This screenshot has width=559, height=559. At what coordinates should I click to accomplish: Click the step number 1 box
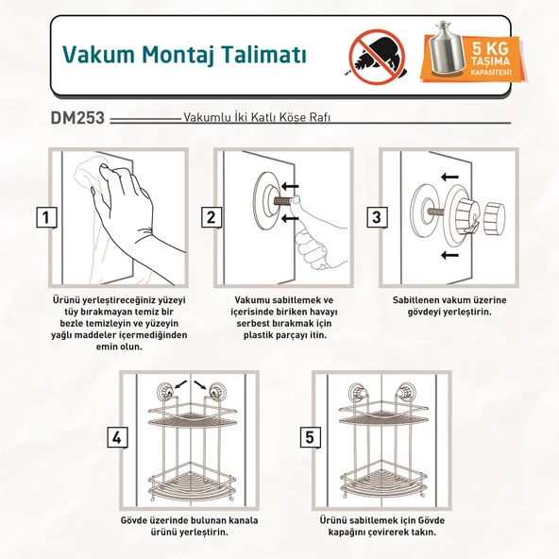click(x=45, y=218)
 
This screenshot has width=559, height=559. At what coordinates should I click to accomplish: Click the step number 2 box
click(x=212, y=218)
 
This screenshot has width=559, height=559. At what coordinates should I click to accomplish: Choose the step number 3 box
click(x=377, y=218)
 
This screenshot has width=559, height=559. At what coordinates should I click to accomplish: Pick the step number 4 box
click(x=116, y=437)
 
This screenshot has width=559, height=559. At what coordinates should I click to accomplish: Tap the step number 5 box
click(x=309, y=437)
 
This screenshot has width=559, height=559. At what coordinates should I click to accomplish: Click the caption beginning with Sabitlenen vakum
click(x=441, y=305)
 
